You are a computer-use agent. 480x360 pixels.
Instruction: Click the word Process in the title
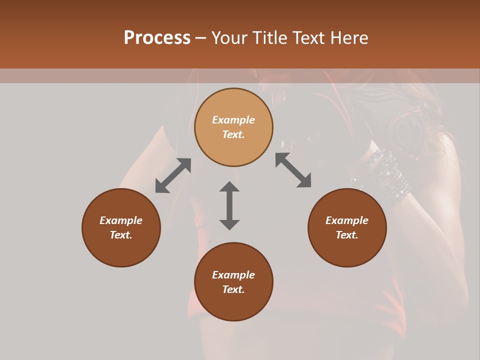click(x=157, y=37)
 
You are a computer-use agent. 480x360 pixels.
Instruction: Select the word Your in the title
click(x=230, y=37)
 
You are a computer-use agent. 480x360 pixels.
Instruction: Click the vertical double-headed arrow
click(x=229, y=206)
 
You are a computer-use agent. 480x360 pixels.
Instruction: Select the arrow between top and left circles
click(x=173, y=175)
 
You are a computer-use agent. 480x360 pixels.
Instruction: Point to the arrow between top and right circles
click(x=293, y=170)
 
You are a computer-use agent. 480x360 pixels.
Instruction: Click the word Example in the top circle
click(x=233, y=120)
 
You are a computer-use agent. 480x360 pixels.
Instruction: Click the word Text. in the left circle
click(x=121, y=235)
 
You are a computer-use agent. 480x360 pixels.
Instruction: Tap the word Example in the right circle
click(x=347, y=220)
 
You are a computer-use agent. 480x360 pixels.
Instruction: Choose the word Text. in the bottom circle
click(x=233, y=289)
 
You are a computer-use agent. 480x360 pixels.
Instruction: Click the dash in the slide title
click(x=200, y=38)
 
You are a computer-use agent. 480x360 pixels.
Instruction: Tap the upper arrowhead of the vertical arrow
click(x=229, y=187)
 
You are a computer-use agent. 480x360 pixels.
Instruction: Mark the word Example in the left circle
click(x=121, y=220)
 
